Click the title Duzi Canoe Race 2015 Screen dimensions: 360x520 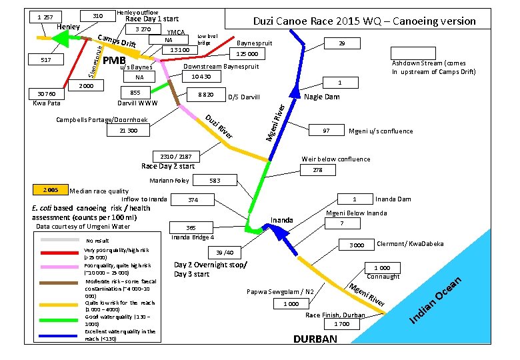point(364,21)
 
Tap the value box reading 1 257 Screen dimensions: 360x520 point(46,16)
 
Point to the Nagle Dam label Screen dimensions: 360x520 point(321,97)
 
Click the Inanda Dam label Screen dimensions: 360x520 point(393,199)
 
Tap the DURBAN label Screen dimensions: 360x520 point(315,339)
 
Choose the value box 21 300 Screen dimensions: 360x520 point(129,131)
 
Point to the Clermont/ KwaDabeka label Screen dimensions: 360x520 point(410,244)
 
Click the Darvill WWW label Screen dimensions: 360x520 point(137,104)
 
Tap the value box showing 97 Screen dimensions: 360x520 point(325,131)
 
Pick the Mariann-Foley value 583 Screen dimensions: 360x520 point(215,181)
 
